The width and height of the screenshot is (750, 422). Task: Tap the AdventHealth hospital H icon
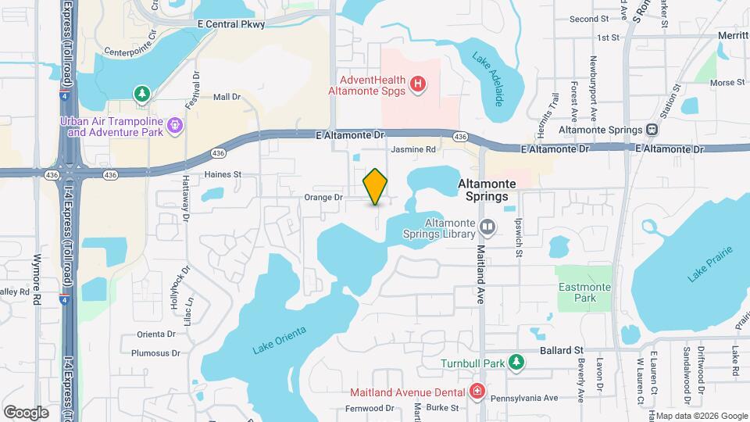[x=418, y=83]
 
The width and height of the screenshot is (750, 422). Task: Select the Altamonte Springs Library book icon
[x=487, y=227]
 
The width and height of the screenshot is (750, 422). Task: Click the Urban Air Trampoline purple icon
[x=176, y=123]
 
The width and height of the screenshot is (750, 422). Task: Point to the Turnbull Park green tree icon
[x=515, y=362]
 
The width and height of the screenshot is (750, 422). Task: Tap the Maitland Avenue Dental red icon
[x=477, y=391]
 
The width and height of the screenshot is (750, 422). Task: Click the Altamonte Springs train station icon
[x=652, y=130]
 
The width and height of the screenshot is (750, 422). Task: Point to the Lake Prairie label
[x=710, y=265]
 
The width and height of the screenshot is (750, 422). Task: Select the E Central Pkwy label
[x=232, y=24]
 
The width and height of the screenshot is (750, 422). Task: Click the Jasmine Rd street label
[x=413, y=149]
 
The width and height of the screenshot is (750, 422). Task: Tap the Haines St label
[x=223, y=174]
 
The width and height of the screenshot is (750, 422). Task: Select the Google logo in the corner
[x=26, y=412]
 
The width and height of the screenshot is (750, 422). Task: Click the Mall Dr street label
[x=227, y=97]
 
